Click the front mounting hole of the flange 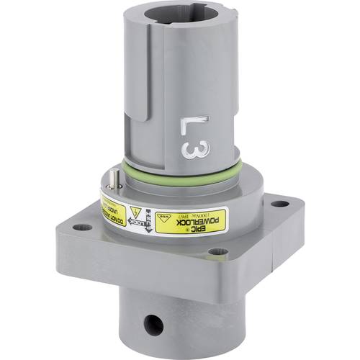[214, 252]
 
